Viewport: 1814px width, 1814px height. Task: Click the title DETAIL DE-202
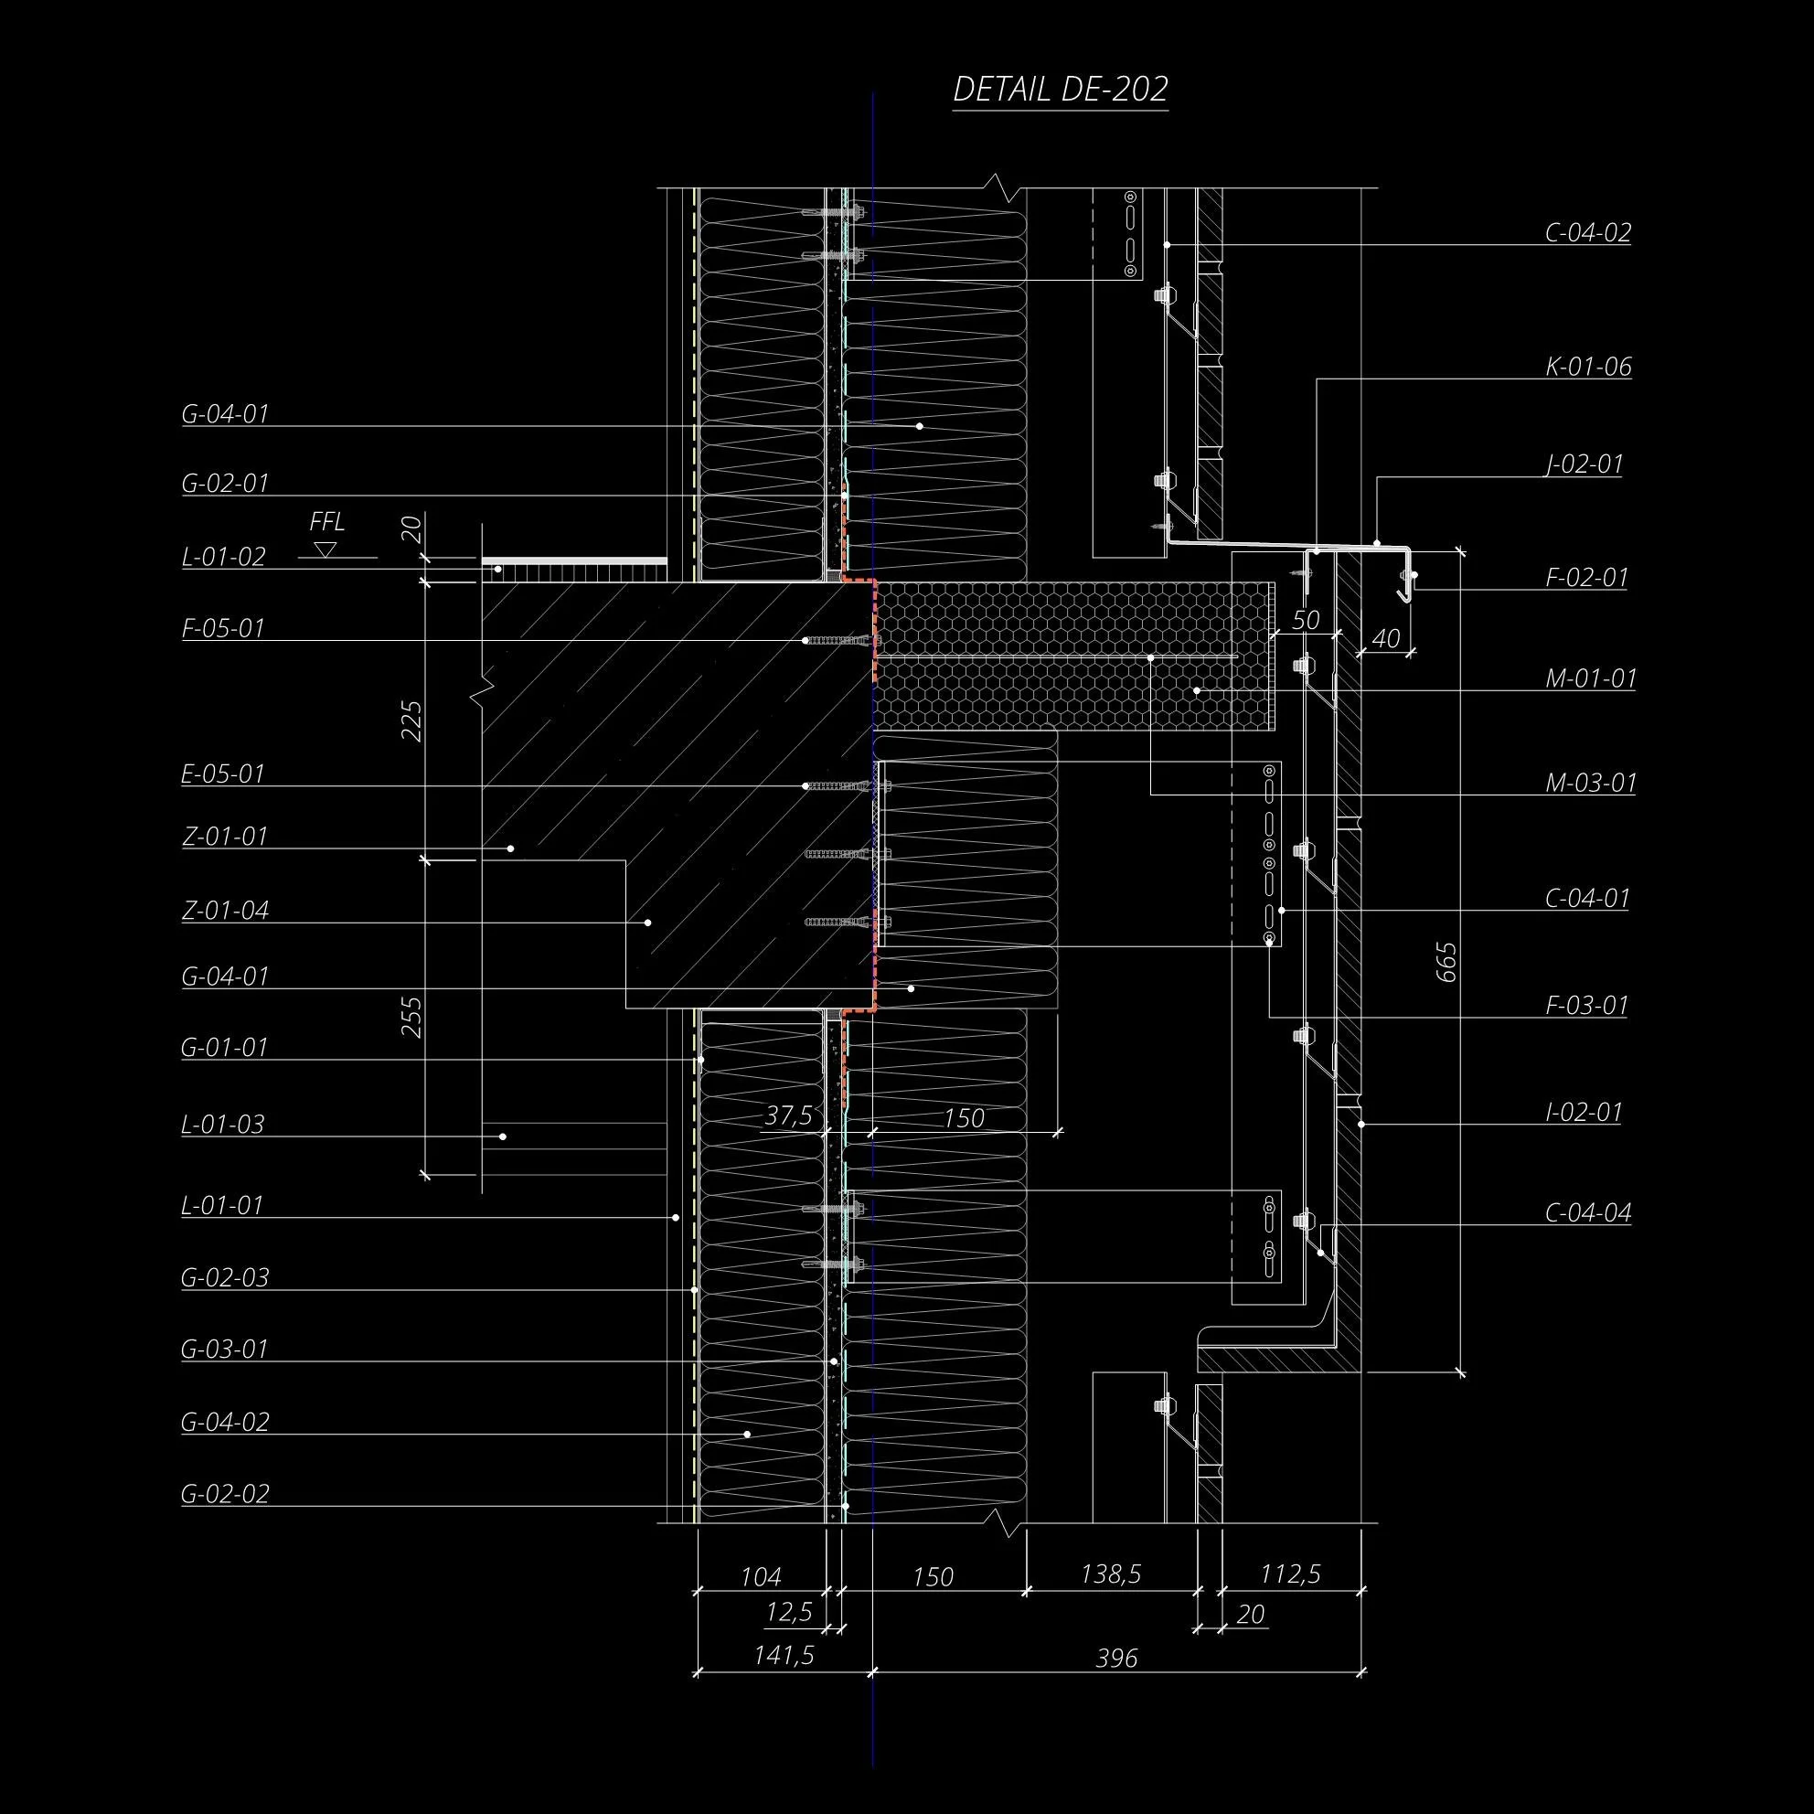pyautogui.click(x=1060, y=90)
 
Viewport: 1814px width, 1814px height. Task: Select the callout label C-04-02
pyautogui.click(x=1588, y=233)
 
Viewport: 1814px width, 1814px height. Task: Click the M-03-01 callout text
pyautogui.click(x=1591, y=782)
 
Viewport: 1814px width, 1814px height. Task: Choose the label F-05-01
pyautogui.click(x=223, y=628)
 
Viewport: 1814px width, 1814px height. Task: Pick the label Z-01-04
pyautogui.click(x=225, y=910)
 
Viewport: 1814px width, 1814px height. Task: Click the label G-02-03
pyautogui.click(x=225, y=1277)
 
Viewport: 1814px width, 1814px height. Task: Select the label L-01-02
pyautogui.click(x=223, y=557)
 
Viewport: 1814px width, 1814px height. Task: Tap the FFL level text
pyautogui.click(x=326, y=522)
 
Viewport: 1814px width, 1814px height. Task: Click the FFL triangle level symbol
pyautogui.click(x=325, y=550)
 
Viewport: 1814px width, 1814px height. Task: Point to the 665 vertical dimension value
pyautogui.click(x=1446, y=963)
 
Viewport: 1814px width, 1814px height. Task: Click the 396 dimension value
pyautogui.click(x=1116, y=1659)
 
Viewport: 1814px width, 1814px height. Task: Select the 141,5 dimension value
pyautogui.click(x=784, y=1655)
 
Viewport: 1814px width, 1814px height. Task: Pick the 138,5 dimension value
pyautogui.click(x=1111, y=1574)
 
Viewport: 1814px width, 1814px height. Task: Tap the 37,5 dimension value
pyautogui.click(x=789, y=1115)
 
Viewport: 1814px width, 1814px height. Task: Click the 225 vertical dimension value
pyautogui.click(x=412, y=721)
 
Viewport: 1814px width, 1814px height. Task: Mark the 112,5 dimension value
pyautogui.click(x=1290, y=1574)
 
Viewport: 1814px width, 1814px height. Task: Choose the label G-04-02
pyautogui.click(x=225, y=1422)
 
